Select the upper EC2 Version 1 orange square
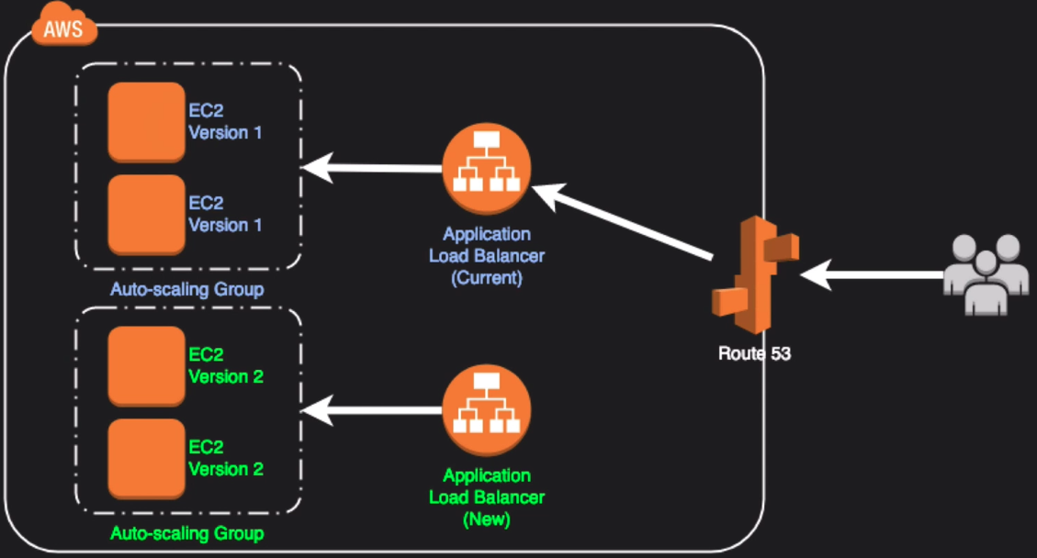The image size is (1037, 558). click(146, 122)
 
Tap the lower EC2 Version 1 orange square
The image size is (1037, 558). click(146, 215)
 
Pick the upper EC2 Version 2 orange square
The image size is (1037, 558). click(146, 366)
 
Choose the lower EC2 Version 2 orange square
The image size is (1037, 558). click(146, 458)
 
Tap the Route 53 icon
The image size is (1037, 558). click(754, 274)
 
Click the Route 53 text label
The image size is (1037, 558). click(754, 353)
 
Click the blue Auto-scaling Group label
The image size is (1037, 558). click(187, 290)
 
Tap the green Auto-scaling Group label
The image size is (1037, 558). click(187, 533)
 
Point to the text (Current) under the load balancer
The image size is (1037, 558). click(487, 278)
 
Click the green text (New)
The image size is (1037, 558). click(487, 519)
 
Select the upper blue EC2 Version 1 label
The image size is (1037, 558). click(225, 122)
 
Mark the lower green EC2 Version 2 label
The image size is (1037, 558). click(226, 458)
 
